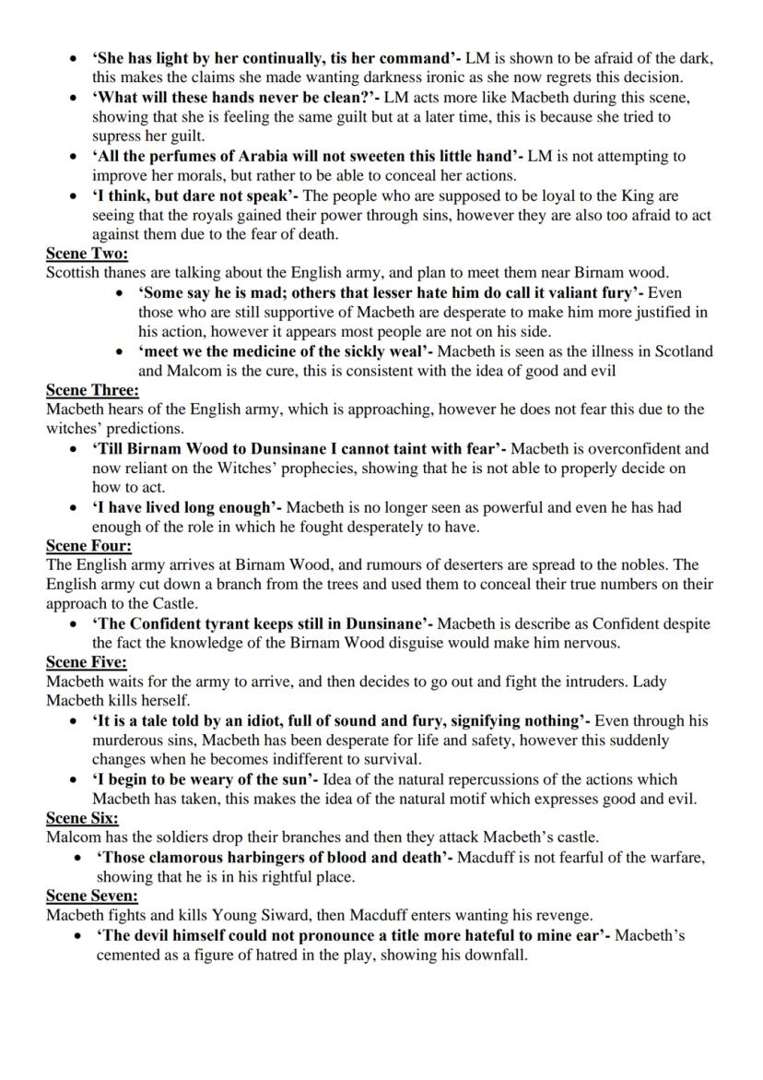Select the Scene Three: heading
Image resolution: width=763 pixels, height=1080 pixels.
coord(92,390)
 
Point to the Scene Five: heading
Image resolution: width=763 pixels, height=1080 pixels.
coord(87,662)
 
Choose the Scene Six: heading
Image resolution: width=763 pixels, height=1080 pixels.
coord(83,817)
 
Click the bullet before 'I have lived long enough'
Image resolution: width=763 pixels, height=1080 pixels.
coord(75,507)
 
